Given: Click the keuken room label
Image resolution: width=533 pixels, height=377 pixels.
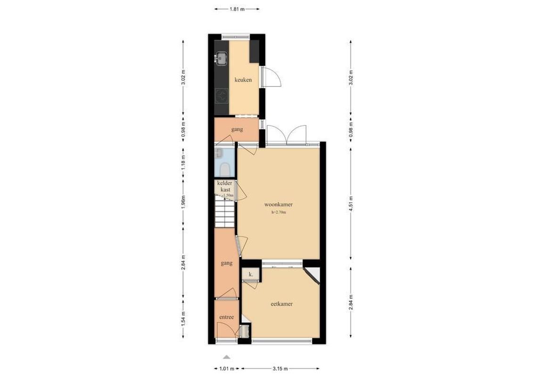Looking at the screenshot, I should coord(243,80).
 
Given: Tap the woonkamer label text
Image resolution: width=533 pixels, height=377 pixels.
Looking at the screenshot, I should coord(279,205).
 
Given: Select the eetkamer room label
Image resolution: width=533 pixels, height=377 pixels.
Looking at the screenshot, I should coord(281,304).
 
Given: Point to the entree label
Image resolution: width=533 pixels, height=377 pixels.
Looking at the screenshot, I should coord(226,317).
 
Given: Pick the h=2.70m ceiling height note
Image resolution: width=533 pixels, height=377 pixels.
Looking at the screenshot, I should coord(279,213).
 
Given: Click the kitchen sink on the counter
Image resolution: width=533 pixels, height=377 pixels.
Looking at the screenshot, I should coord(221,58).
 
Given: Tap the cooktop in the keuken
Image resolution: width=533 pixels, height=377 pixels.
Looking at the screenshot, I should coord(221,97).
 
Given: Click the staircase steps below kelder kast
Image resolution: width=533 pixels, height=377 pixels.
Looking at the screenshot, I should coord(225,213).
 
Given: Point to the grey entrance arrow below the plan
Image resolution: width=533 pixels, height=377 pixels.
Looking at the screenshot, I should coord(227,357).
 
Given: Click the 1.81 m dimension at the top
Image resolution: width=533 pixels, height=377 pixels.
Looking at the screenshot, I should coord(237,8).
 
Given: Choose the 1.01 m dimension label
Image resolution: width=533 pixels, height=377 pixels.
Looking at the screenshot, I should coord(226,369).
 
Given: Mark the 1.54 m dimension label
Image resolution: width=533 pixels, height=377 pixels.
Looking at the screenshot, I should coord(183,320).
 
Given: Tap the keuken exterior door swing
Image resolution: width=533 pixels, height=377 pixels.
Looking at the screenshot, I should coord(272,77).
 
